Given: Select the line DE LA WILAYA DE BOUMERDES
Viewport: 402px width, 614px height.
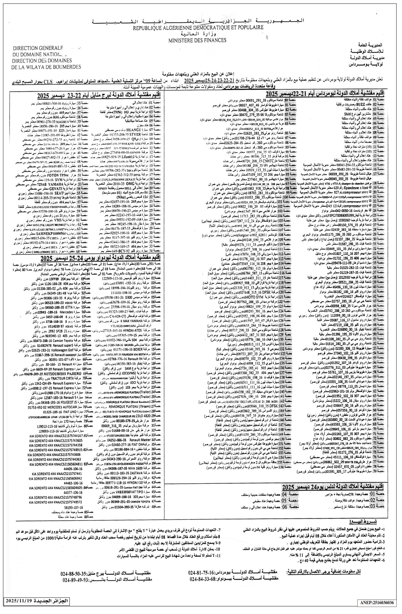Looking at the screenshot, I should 46,67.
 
